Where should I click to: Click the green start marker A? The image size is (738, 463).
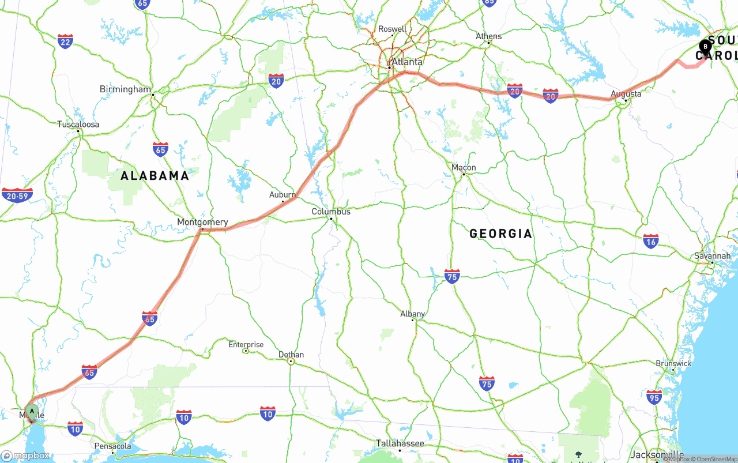[x=33, y=411]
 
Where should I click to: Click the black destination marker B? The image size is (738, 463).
[x=705, y=46]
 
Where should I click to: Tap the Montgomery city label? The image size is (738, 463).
[x=202, y=222]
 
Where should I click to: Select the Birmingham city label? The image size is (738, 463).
[x=125, y=89]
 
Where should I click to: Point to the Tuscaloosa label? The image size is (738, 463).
[x=78, y=124]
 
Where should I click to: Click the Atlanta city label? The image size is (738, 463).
[x=407, y=62]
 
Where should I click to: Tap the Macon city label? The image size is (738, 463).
[x=464, y=168]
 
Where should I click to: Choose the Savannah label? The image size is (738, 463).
[x=712, y=255]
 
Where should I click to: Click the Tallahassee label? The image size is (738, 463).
[x=400, y=443]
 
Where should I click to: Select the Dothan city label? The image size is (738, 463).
[x=291, y=355]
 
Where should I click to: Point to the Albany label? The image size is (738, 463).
[x=412, y=314]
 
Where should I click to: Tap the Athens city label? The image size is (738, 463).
[x=488, y=36]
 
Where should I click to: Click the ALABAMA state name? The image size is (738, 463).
[x=155, y=176]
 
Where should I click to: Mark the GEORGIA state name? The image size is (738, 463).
[x=500, y=234]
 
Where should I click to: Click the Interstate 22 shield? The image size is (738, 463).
[x=65, y=41]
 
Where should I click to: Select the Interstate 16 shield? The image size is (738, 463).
[x=651, y=240]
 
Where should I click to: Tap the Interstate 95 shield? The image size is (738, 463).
[x=654, y=397]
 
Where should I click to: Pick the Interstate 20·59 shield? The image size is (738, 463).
[x=17, y=195]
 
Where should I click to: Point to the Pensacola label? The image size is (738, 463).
[x=112, y=446]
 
